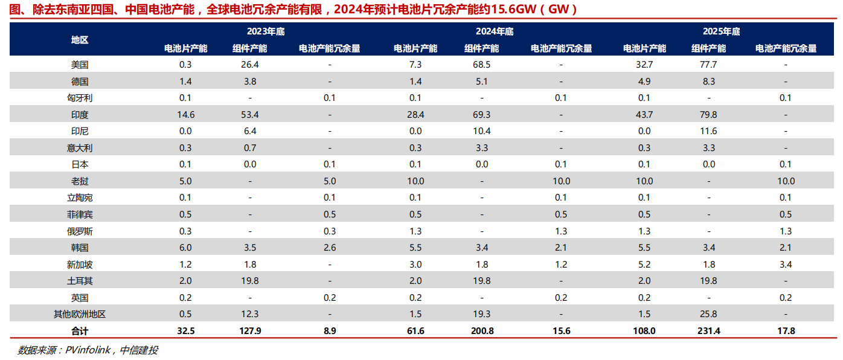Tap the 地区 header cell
point(80,40)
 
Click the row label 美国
point(80,65)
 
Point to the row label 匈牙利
point(80,98)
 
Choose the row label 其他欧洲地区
point(80,314)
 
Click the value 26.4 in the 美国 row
point(249,65)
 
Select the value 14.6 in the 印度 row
point(185,114)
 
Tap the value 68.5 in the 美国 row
point(481,65)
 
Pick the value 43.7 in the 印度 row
point(644,114)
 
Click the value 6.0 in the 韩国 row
point(185,248)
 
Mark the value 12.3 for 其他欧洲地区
point(249,314)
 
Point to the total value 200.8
point(481,331)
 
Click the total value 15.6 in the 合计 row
point(561,331)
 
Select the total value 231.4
point(708,331)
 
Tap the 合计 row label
point(80,331)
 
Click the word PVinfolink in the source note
point(89,350)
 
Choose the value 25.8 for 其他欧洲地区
point(708,314)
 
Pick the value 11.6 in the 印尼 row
point(708,131)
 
